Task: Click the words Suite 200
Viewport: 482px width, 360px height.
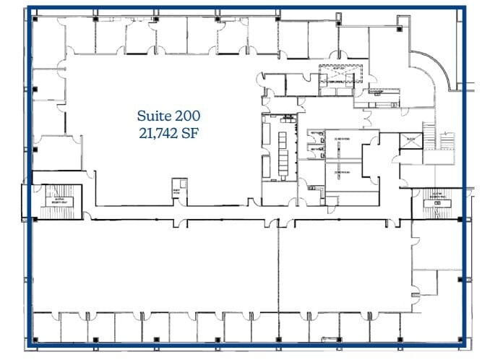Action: (x=168, y=115)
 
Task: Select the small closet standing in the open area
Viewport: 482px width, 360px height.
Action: (x=176, y=190)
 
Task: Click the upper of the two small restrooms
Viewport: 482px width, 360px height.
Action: (x=316, y=135)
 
